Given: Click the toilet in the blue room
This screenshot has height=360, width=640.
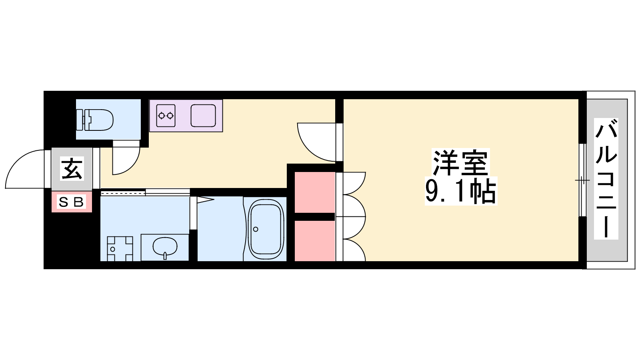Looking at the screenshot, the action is pos(98,120).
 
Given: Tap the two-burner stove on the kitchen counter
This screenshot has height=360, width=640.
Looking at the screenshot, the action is pos(166,116).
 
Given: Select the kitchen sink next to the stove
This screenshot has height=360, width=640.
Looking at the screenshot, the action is pos(203,116).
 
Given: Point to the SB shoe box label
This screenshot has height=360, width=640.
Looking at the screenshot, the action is pos(72,202).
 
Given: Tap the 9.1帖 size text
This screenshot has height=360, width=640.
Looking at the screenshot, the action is pos(460,191).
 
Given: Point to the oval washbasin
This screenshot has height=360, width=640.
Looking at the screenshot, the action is pos(165,246).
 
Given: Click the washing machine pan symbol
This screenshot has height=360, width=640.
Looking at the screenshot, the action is pos(120,249).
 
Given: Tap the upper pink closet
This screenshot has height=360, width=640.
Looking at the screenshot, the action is pos(314,192).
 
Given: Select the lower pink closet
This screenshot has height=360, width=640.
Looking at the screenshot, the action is pos(314,241).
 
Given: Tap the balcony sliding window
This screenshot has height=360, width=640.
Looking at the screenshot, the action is pos(582,180).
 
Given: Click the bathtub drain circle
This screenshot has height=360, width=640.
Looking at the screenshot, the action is pos(256,229).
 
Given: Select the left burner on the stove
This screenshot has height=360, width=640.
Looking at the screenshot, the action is pos(162,116).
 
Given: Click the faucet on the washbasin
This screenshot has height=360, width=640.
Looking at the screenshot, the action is pos(165,256).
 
